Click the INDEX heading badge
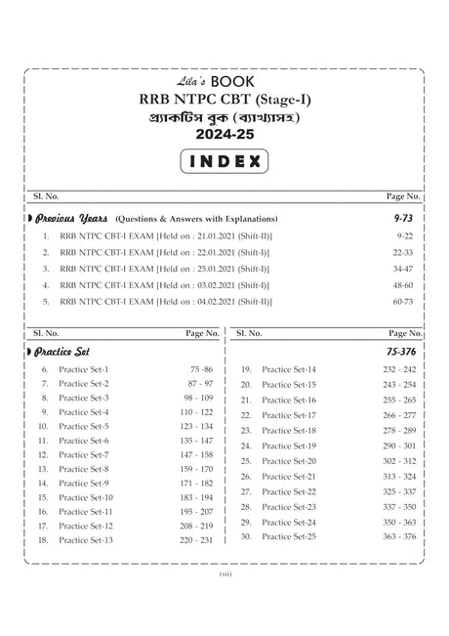(x=224, y=159)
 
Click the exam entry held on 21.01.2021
(x=166, y=236)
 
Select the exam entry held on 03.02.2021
(x=166, y=285)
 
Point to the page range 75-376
(x=400, y=352)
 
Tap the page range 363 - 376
(x=399, y=536)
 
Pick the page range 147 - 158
(x=195, y=455)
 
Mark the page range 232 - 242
(x=399, y=370)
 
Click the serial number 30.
(x=247, y=536)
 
